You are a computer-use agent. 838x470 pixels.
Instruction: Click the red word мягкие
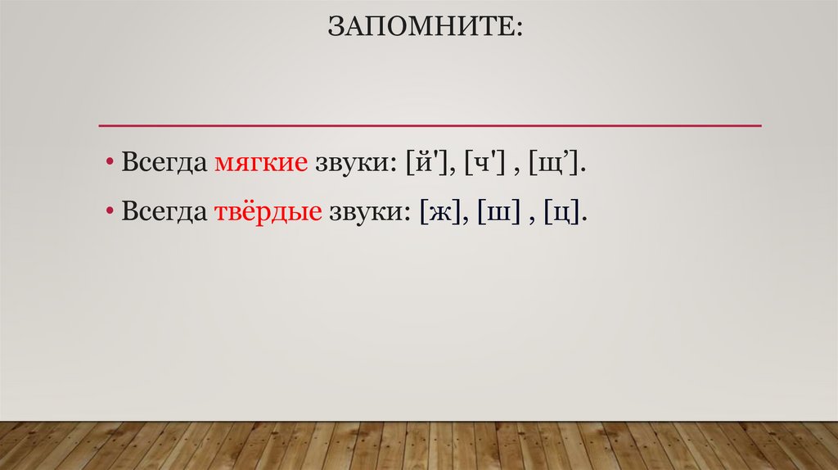[x=261, y=162]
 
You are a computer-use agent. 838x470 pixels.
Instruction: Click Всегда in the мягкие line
[x=164, y=162]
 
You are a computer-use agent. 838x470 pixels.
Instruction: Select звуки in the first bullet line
[x=351, y=162]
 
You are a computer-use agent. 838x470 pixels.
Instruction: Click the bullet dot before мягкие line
[x=110, y=162]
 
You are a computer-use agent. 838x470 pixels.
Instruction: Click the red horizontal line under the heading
[x=430, y=125]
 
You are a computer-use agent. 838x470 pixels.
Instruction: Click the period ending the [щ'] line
[x=585, y=169]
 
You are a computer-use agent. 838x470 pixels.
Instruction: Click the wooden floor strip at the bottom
[x=419, y=445]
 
